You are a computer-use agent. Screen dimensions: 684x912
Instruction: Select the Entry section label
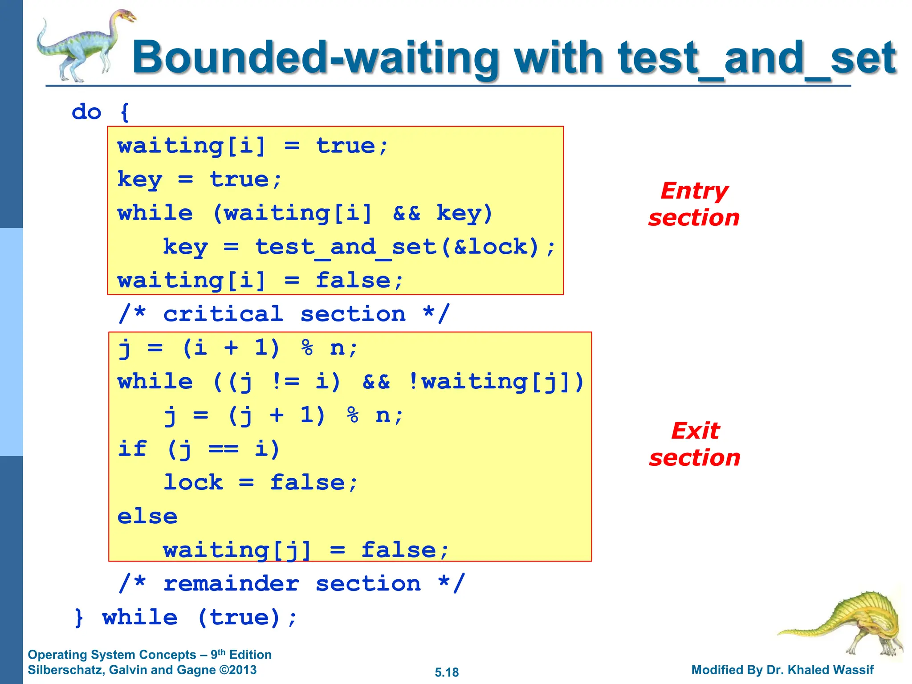694,204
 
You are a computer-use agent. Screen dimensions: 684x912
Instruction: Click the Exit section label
695,444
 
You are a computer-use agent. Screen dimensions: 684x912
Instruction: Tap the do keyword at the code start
87,112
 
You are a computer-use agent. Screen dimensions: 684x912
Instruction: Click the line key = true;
199,179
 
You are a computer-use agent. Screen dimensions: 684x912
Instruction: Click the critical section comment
284,314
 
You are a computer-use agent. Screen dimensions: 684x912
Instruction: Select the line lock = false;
261,483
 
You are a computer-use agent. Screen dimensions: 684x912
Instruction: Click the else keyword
147,517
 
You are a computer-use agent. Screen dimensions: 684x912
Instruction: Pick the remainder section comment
292,584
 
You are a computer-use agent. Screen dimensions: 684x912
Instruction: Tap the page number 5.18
447,672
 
